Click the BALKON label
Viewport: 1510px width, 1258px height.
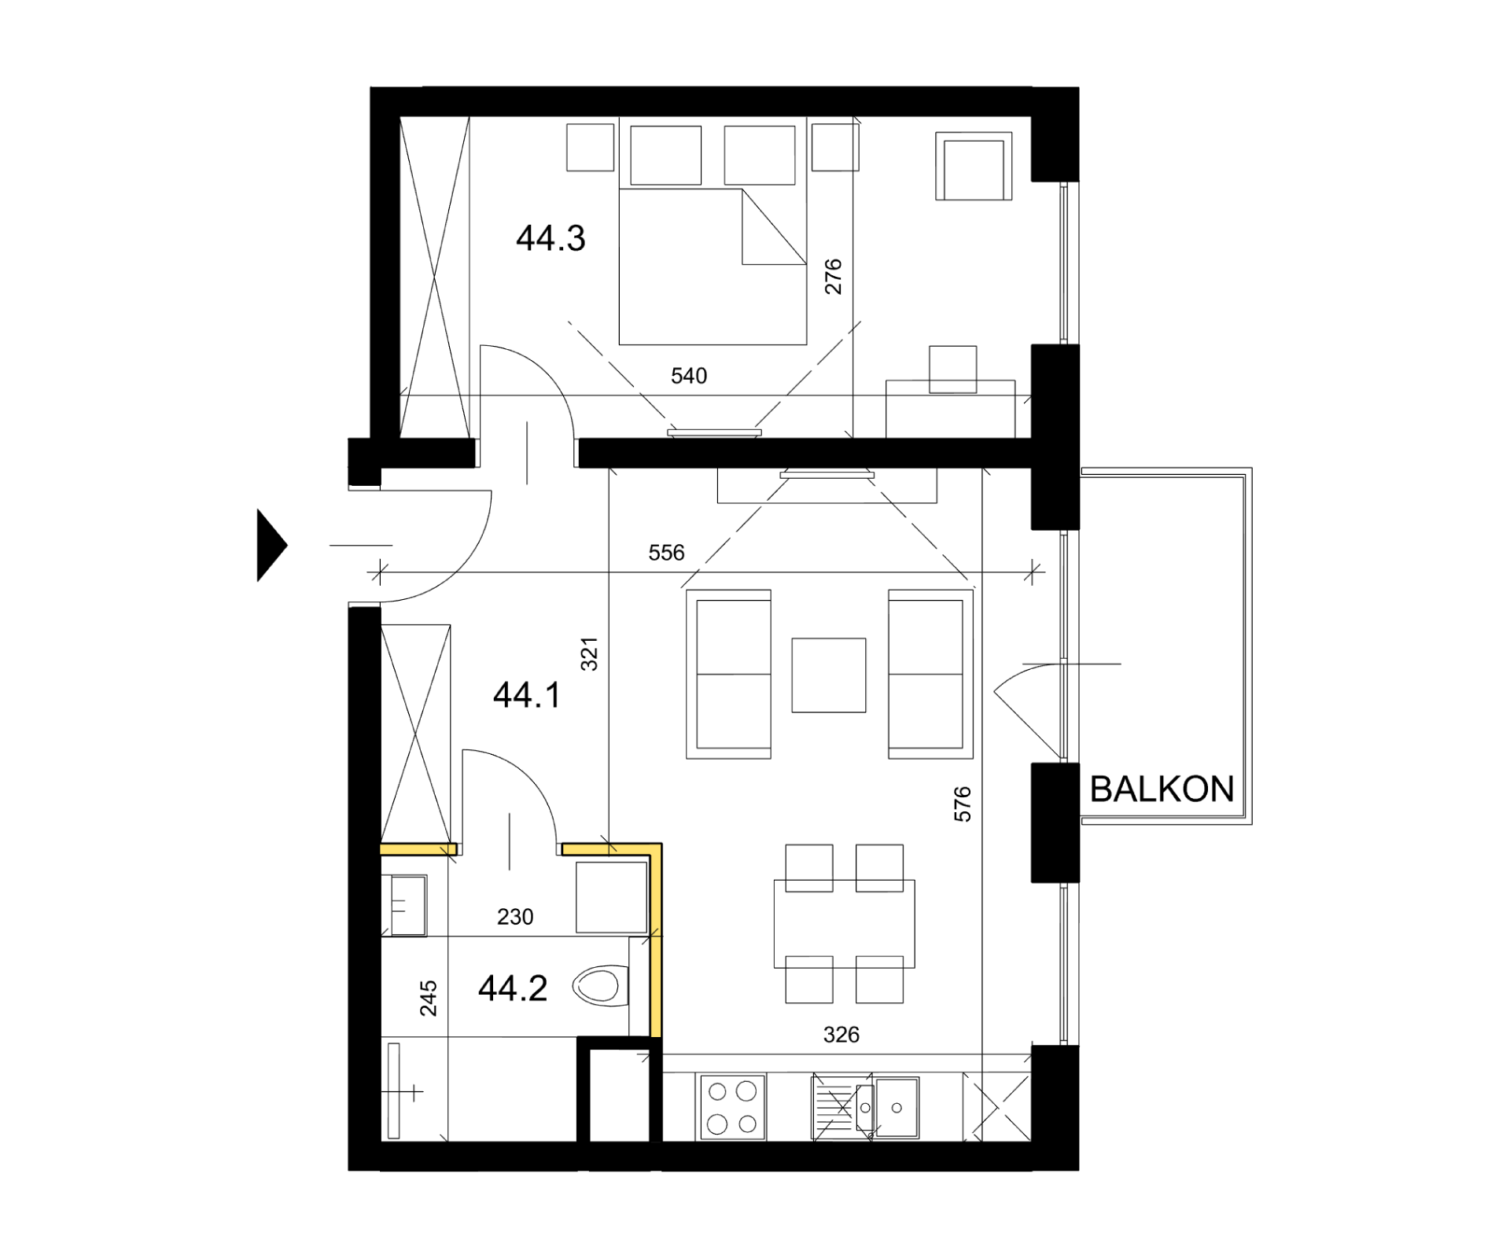[x=1162, y=789]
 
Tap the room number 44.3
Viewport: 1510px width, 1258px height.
[x=551, y=238]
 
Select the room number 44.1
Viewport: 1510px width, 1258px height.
[x=527, y=695]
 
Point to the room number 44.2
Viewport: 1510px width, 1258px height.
[x=513, y=988]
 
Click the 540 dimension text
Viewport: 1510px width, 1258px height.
[x=689, y=376]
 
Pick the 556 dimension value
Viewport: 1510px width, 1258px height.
[x=666, y=553]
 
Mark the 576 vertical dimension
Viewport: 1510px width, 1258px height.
[x=963, y=804]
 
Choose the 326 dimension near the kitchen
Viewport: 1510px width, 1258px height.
[x=841, y=1035]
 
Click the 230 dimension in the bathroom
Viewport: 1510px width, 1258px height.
[x=515, y=917]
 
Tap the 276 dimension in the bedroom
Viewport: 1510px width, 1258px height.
[x=833, y=277]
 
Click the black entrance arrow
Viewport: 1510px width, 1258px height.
[x=272, y=545]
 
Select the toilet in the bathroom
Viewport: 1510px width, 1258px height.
[x=602, y=986]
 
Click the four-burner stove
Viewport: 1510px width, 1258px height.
[x=731, y=1107]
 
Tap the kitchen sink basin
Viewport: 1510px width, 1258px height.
[x=897, y=1107]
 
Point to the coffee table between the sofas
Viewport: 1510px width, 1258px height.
[x=829, y=675]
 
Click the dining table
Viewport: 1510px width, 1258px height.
[x=844, y=924]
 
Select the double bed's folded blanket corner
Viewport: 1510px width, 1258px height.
[x=774, y=226]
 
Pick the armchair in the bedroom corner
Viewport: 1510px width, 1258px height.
[x=974, y=166]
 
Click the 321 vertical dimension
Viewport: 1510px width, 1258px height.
[x=589, y=654]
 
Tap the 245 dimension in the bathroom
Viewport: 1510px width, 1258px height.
[x=428, y=999]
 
